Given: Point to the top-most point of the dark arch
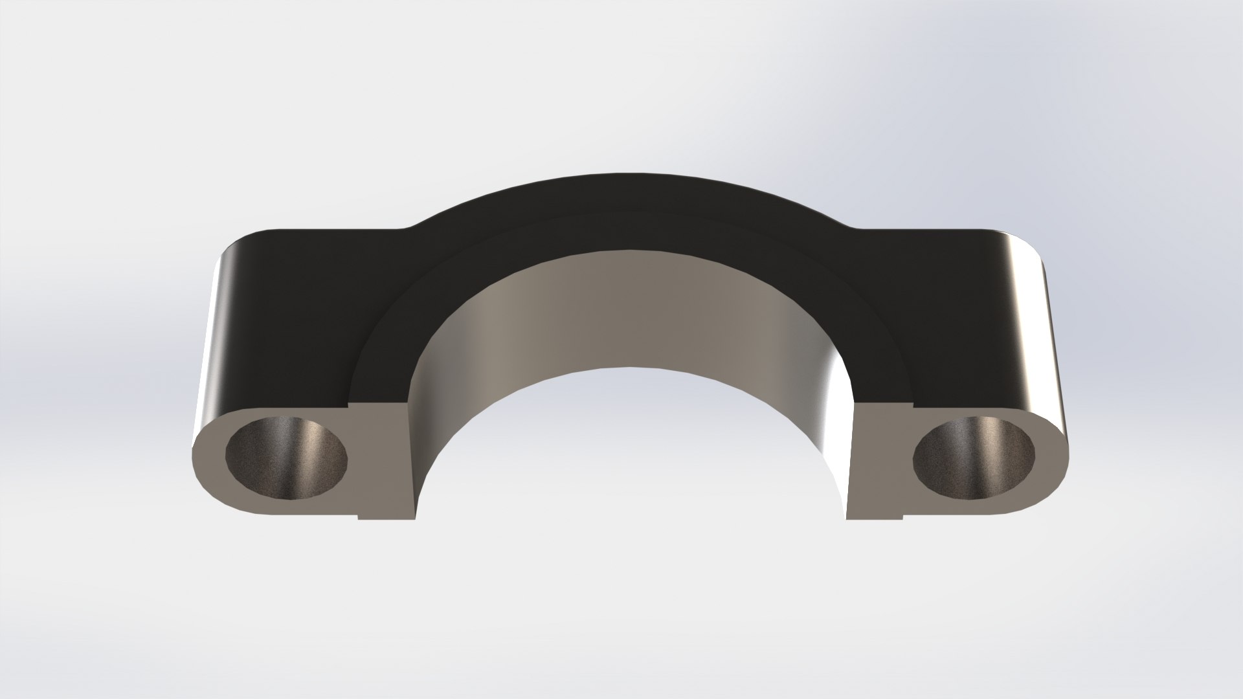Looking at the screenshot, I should click(x=621, y=174).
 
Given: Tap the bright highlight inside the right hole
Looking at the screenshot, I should click(x=991, y=440).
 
